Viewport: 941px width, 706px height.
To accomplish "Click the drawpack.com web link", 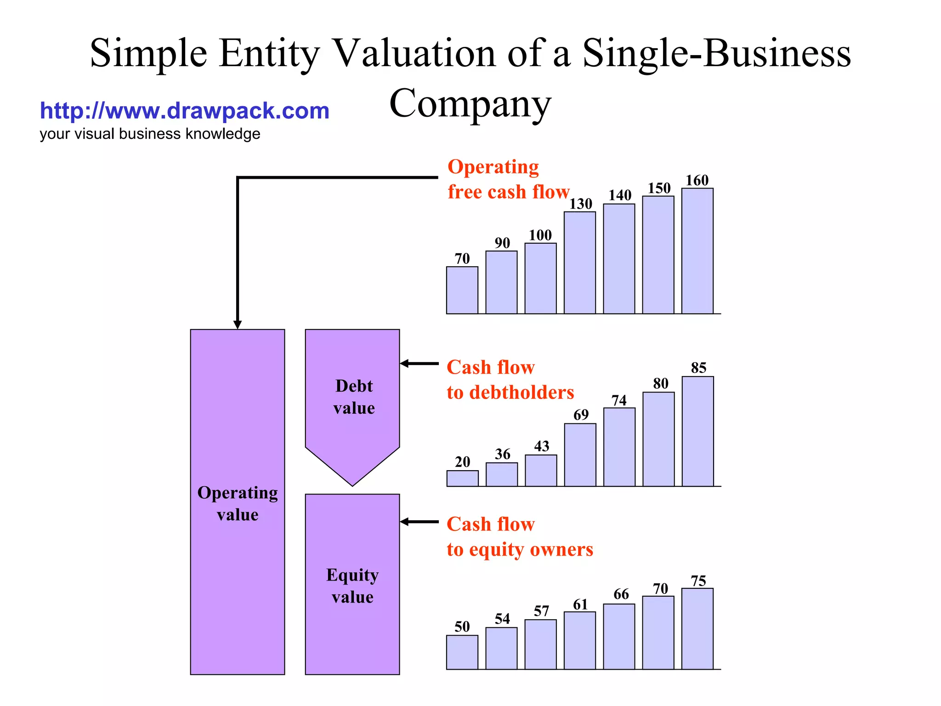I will pos(185,111).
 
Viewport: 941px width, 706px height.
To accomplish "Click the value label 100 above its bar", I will pos(540,235).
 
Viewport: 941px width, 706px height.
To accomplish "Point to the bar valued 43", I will pos(541,471).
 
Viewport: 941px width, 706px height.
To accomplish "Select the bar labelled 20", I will pos(462,478).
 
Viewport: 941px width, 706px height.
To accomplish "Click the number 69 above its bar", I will pos(581,415).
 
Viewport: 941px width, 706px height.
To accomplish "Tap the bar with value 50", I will pos(462,652).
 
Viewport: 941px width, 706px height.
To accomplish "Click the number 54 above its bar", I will pos(502,619).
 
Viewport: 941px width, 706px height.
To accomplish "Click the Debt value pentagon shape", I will pos(352,400).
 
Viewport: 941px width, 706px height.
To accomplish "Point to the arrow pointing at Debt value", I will pos(419,364).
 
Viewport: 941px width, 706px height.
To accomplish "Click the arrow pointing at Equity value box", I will pos(419,522).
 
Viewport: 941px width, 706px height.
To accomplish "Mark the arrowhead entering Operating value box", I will pos(238,325).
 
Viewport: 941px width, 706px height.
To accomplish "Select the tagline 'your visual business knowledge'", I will pos(150,134).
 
